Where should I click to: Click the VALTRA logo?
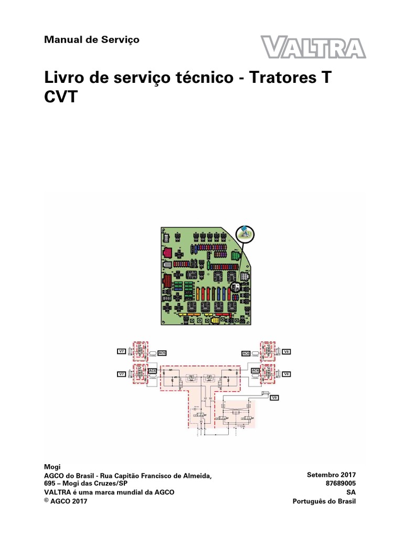313,47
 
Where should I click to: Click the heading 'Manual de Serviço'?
92,40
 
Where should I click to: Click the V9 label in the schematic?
274,399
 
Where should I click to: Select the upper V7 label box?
122,351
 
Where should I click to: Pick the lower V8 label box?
287,374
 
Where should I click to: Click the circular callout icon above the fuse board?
244,233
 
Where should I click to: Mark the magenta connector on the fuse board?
167,253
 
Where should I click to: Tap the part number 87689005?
341,483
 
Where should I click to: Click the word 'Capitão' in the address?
137,475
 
